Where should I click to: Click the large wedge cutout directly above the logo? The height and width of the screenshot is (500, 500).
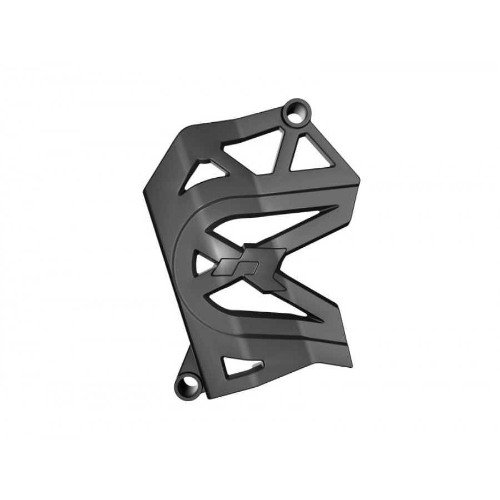click(x=267, y=225)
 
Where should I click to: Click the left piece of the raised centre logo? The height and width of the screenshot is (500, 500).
click(x=229, y=265)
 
